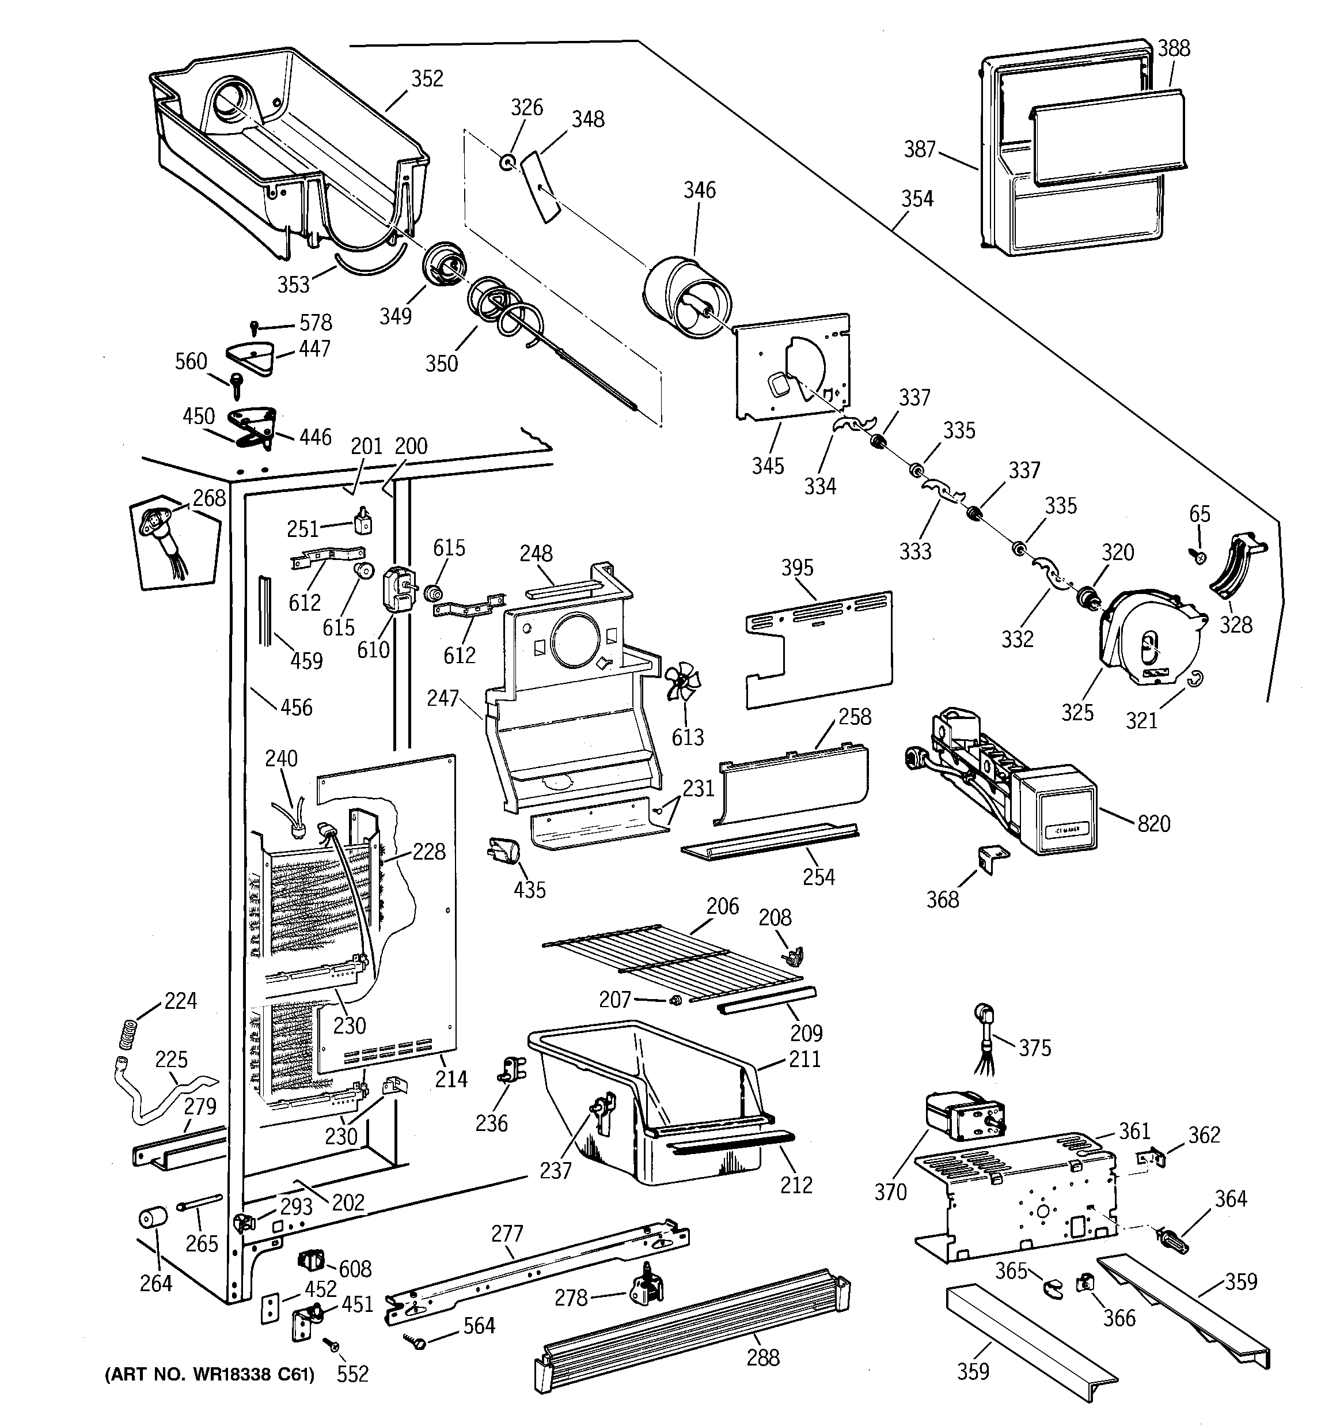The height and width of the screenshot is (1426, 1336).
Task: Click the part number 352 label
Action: [x=427, y=79]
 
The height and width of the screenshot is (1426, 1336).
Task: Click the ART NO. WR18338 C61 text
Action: [x=210, y=1374]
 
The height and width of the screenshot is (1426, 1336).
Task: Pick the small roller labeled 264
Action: [x=151, y=1217]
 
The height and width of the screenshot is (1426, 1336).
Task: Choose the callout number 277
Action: [x=507, y=1234]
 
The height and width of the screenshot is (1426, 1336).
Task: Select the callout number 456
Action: [x=296, y=708]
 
